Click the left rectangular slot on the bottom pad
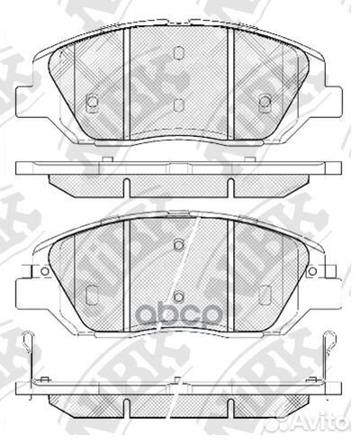pyautogui.click(x=92, y=294)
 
